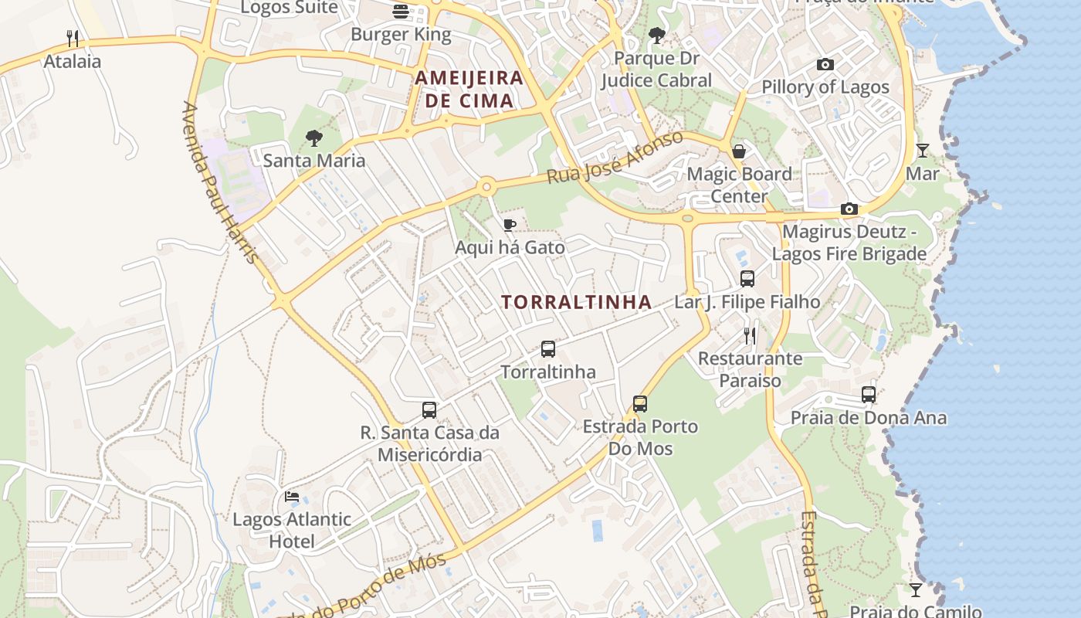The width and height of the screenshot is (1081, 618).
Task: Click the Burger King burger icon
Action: tap(401, 12)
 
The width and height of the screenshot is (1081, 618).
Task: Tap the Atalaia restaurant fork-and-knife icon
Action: tap(73, 38)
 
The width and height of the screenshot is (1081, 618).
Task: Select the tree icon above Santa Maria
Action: tap(313, 138)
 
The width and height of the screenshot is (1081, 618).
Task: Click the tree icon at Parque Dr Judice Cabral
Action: tap(657, 36)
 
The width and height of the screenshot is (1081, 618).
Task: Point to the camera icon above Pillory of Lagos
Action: tap(825, 65)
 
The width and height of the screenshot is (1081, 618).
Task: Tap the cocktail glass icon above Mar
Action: tap(922, 151)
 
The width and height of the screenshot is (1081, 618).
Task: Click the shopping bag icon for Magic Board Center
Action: tap(739, 151)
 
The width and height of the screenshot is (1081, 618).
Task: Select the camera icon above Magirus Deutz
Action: tap(849, 209)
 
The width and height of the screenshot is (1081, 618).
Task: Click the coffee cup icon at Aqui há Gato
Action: tap(510, 225)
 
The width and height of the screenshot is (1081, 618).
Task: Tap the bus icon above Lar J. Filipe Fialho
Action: tap(747, 279)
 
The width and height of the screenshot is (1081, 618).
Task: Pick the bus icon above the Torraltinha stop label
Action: tap(548, 349)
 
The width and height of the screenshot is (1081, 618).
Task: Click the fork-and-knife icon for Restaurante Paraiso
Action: tap(750, 336)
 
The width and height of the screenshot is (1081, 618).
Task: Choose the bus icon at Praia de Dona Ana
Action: tap(869, 395)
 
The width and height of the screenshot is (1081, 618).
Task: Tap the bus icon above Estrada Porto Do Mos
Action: tap(640, 404)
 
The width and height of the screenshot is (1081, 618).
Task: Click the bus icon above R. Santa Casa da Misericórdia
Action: tap(429, 410)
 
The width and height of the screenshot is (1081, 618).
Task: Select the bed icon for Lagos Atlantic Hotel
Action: tap(292, 497)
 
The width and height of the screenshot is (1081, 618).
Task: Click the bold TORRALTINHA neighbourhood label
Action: tap(577, 302)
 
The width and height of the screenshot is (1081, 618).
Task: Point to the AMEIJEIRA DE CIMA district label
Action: tap(469, 89)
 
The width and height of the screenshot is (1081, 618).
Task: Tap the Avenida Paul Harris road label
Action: tap(220, 182)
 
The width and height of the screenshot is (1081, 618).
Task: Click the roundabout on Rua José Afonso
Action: tap(486, 186)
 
